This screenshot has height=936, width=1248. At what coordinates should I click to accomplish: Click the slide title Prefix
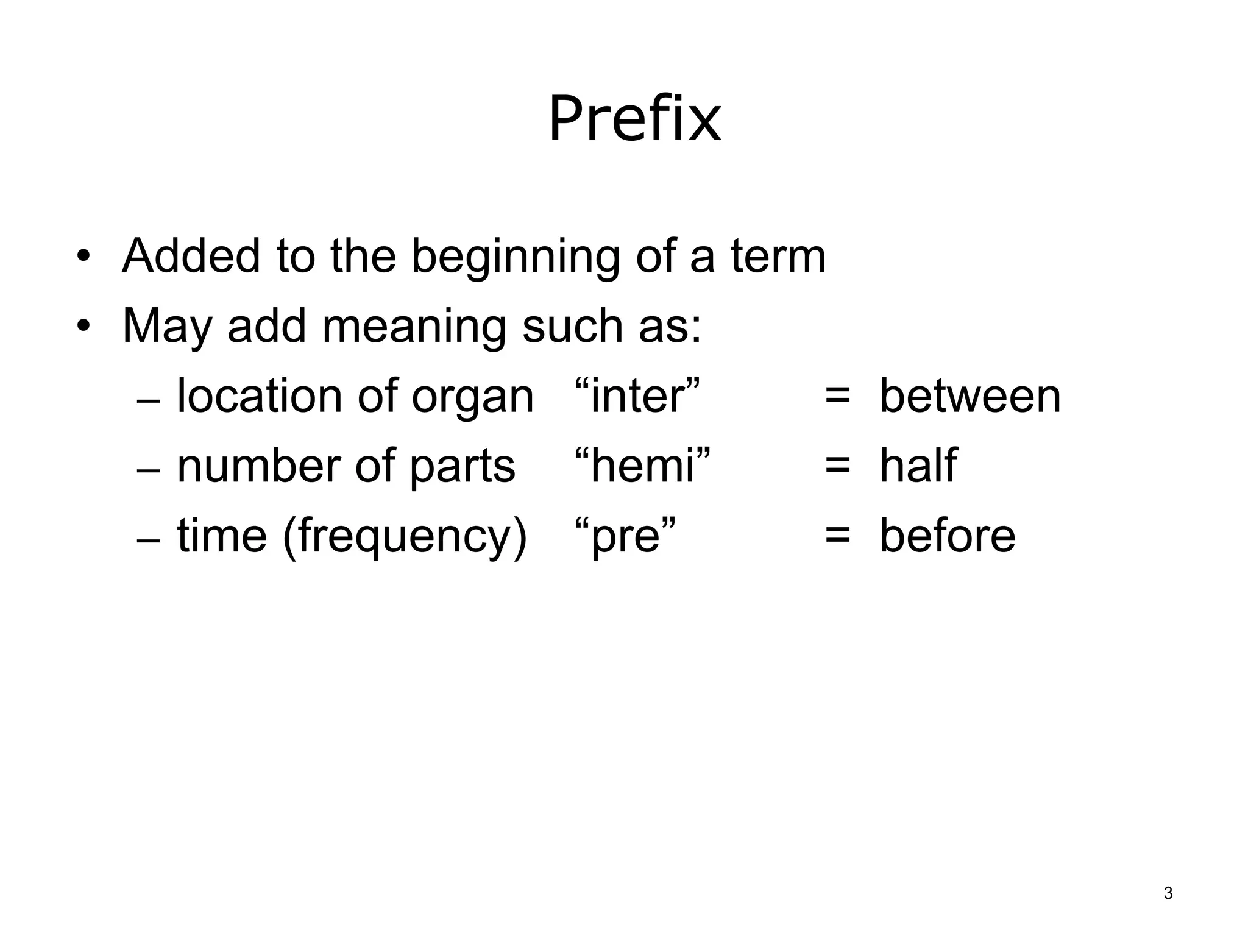click(x=634, y=119)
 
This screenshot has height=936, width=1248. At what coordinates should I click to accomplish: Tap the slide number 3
click(x=1168, y=893)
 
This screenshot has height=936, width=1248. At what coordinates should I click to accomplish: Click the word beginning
click(x=515, y=257)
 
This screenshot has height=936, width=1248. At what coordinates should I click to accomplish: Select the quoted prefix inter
click(x=637, y=396)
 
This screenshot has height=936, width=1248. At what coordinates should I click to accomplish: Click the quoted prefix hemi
click(x=643, y=466)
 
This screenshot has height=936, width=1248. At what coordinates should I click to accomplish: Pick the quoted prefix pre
click(x=626, y=536)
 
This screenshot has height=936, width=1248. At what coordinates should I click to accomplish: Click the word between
click(x=970, y=396)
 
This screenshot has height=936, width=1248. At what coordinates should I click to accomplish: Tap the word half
click(x=918, y=466)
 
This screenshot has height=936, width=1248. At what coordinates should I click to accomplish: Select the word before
click(x=948, y=536)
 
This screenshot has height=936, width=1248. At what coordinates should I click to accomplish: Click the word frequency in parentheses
click(x=403, y=536)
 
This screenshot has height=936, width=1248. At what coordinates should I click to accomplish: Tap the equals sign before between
click(x=837, y=397)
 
